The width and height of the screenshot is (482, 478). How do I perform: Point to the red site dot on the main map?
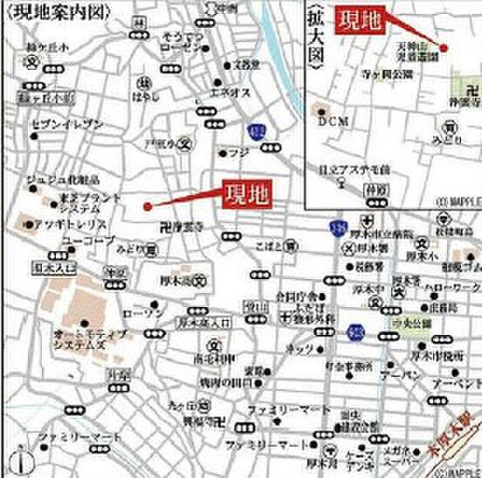click(148, 207)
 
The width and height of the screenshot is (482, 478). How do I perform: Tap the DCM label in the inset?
click(332, 122)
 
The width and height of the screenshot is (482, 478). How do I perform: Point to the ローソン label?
click(138, 312)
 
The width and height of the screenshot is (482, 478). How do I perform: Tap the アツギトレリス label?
click(65, 222)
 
